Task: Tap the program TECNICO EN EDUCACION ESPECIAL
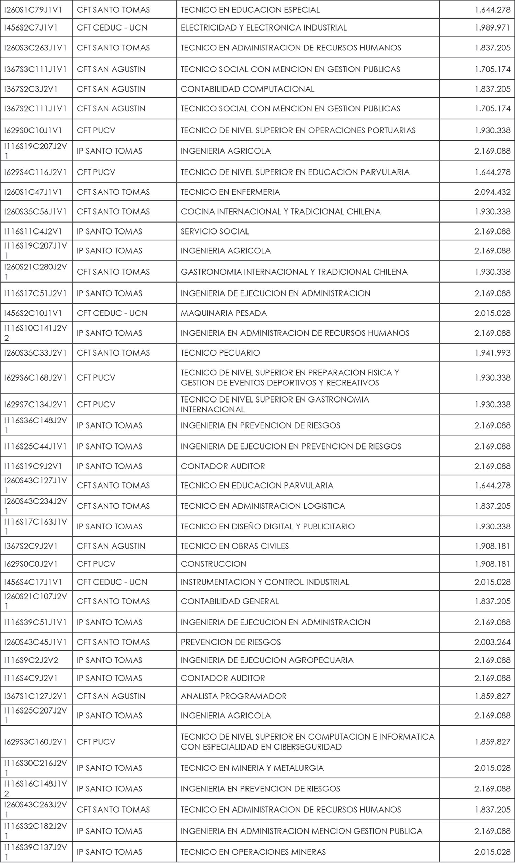[250, 10]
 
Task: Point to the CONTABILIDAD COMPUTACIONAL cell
[248, 89]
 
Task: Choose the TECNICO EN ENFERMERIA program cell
[230, 192]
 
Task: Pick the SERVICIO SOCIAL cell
[215, 231]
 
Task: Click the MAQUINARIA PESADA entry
[224, 313]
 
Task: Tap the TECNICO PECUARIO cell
[220, 353]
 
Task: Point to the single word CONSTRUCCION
[214, 564]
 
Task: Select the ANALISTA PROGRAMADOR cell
[233, 696]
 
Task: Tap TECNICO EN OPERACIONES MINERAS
[253, 852]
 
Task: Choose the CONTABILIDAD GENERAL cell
[230, 601]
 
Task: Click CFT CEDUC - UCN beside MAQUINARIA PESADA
[112, 313]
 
